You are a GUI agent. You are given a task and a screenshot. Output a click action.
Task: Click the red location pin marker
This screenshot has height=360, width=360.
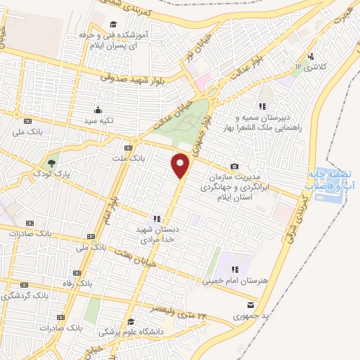click(181, 165)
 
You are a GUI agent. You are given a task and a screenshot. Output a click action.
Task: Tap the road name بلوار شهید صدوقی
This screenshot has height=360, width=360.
click(130, 80)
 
